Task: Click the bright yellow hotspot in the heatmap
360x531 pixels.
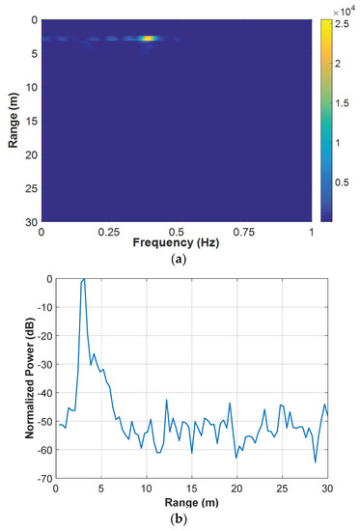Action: coord(148,38)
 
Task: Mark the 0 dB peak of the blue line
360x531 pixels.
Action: coord(84,279)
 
